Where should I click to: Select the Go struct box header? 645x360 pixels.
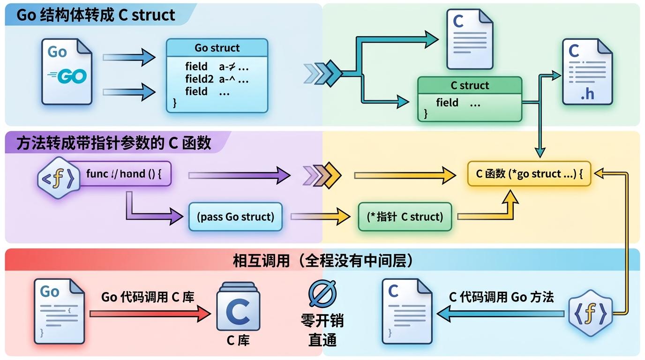217,48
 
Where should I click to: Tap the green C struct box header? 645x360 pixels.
469,85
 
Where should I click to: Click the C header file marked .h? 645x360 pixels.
586,71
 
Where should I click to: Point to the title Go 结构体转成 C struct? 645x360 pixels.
96,15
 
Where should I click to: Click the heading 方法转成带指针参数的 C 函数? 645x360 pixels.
113,143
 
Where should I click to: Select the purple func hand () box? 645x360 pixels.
124,174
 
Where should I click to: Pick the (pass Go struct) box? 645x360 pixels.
235,217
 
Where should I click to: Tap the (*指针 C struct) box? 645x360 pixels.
405,217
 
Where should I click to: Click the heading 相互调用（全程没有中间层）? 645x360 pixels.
323,261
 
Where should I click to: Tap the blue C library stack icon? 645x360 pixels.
238,307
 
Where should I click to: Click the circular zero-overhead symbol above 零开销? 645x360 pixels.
322,293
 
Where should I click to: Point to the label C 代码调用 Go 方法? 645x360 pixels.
501,297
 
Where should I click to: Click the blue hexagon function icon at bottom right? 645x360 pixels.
590,313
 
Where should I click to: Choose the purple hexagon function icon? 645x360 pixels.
58,178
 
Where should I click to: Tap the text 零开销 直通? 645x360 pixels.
322,330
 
